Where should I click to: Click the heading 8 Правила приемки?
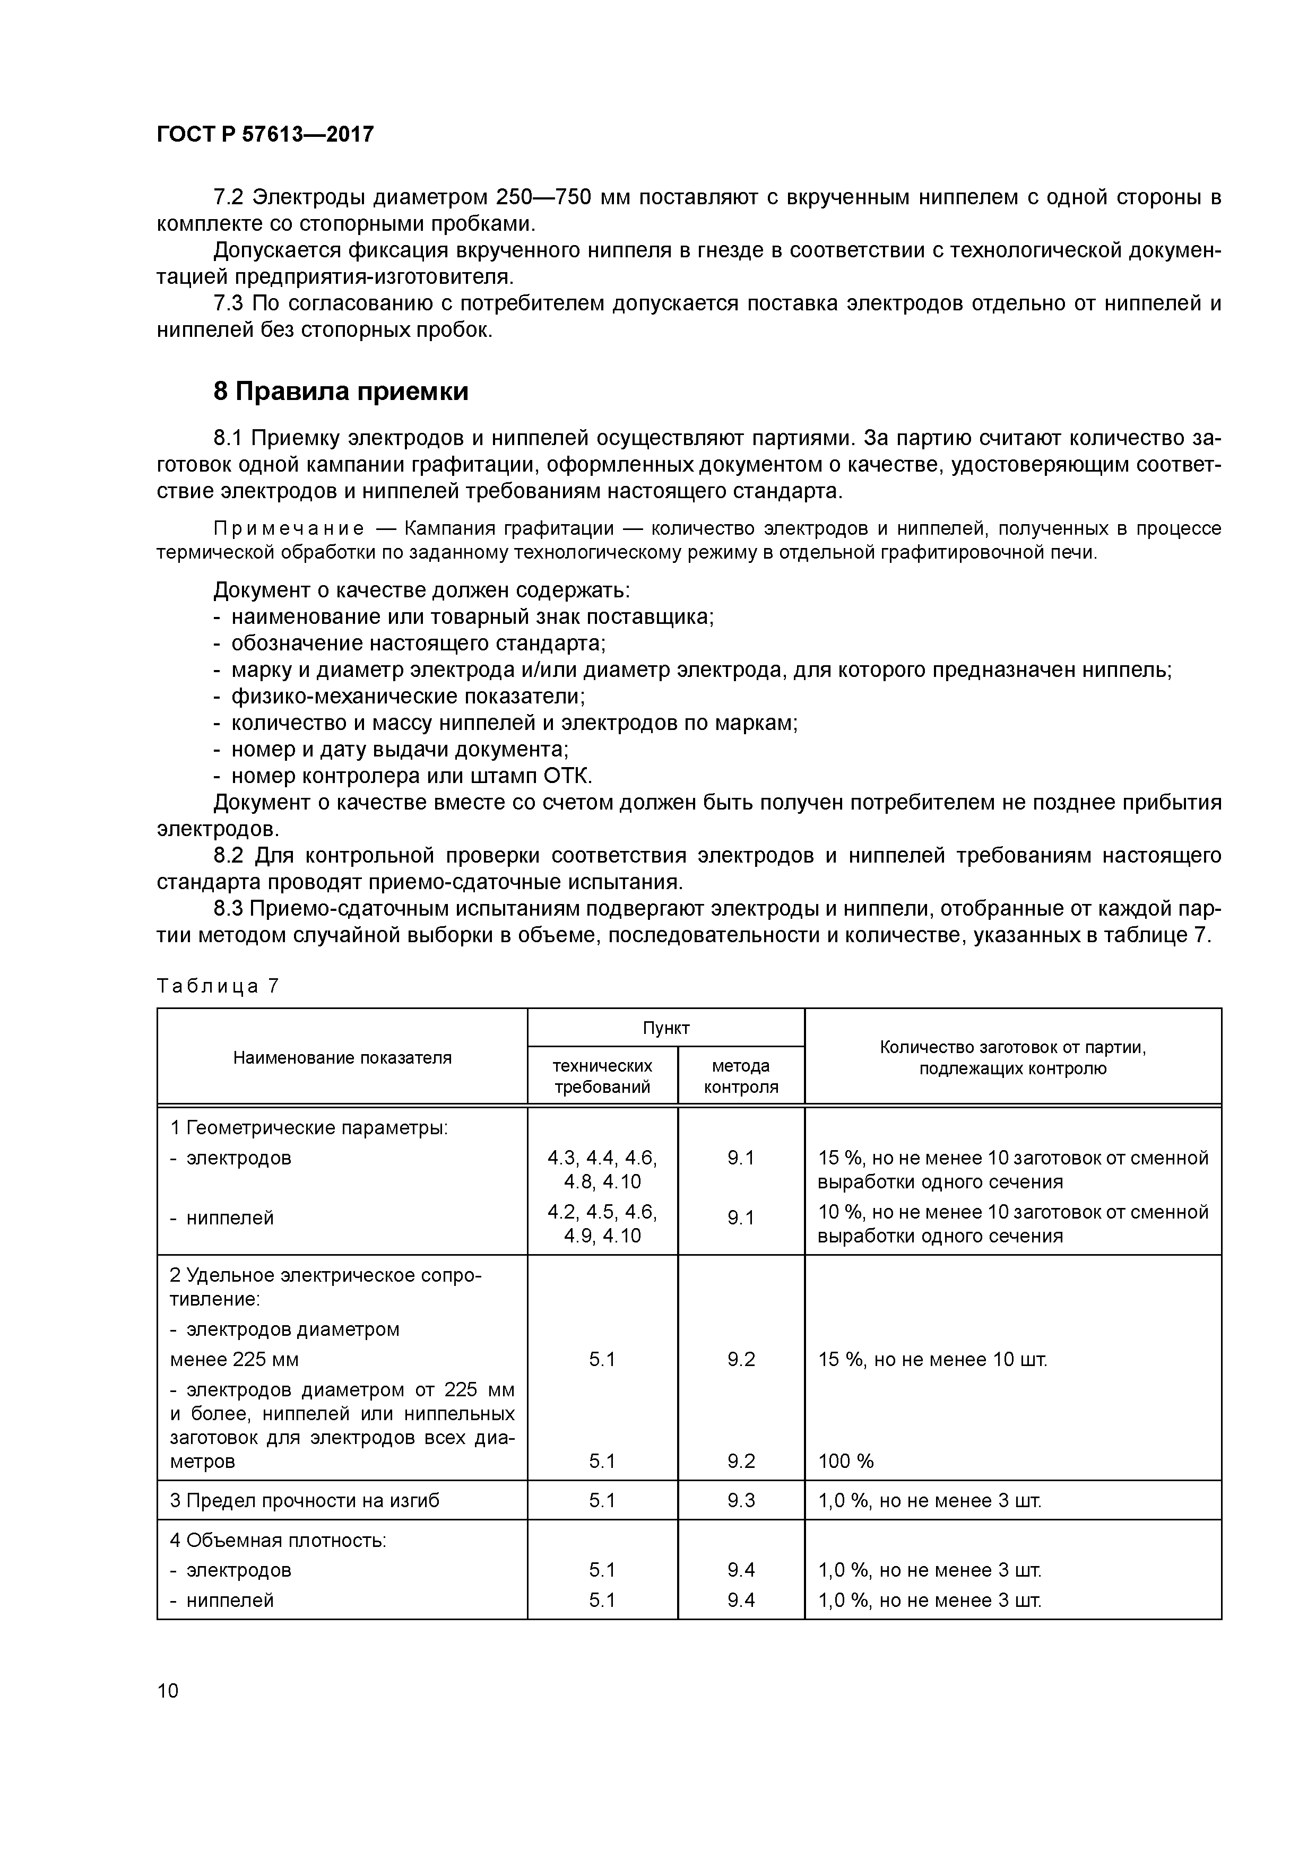tap(341, 392)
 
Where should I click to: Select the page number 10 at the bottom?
tap(168, 1690)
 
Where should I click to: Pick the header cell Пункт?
tap(666, 1028)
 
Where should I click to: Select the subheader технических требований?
tap(602, 1075)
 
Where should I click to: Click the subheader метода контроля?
tap(740, 1075)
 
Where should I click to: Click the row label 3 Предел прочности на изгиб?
tap(305, 1500)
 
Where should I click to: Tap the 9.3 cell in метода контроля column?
tap(740, 1500)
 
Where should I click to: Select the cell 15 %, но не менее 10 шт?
tap(932, 1359)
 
